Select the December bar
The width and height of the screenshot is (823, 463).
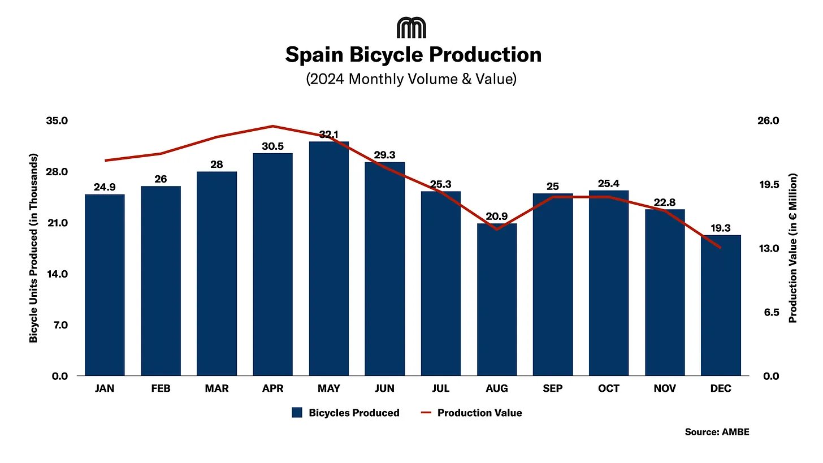pyautogui.click(x=721, y=305)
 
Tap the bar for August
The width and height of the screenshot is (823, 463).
pyautogui.click(x=497, y=300)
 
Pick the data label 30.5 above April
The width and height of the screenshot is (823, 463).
pyautogui.click(x=273, y=146)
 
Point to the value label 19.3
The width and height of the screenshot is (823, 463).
pyautogui.click(x=721, y=228)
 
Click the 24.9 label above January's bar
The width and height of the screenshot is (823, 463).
pyautogui.click(x=105, y=187)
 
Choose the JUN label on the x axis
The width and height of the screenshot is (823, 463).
pyautogui.click(x=384, y=388)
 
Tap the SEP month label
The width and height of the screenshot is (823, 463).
pyautogui.click(x=552, y=388)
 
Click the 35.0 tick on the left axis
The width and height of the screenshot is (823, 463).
pyautogui.click(x=57, y=121)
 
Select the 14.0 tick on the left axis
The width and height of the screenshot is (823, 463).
pyautogui.click(x=57, y=274)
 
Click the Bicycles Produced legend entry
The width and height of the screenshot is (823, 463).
pyautogui.click(x=345, y=413)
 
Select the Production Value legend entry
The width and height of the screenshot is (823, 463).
pyautogui.click(x=471, y=413)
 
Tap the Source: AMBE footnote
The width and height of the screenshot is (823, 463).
pyautogui.click(x=717, y=432)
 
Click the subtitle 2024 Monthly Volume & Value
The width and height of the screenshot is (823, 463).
pyautogui.click(x=411, y=79)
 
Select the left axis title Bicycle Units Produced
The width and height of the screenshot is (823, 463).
pyautogui.click(x=34, y=248)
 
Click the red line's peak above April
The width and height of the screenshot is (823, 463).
pyautogui.click(x=273, y=126)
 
